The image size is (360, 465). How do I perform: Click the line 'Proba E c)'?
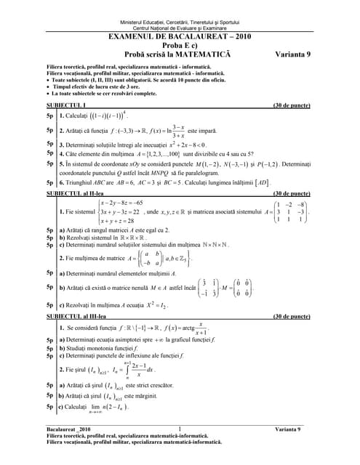click(179, 44)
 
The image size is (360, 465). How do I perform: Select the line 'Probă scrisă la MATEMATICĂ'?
click(179, 54)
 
